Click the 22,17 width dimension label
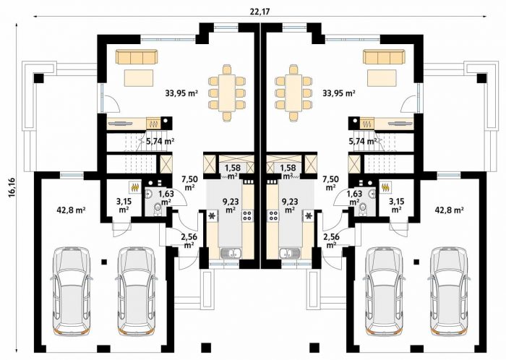coord(260,12)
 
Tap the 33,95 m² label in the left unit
coord(181,93)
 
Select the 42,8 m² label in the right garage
coord(449,210)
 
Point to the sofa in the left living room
coord(137,57)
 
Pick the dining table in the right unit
coord(293,93)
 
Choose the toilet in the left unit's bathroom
coord(158,209)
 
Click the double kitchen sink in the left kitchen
coord(231,253)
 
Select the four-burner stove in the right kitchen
coord(273,215)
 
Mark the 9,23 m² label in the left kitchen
coord(231,206)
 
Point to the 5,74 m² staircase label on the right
coord(364,141)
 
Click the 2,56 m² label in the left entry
coord(189,241)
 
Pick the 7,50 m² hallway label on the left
coord(189,183)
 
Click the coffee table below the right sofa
coord(382,78)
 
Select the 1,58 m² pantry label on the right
coord(288,171)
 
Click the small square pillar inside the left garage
coord(104,262)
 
